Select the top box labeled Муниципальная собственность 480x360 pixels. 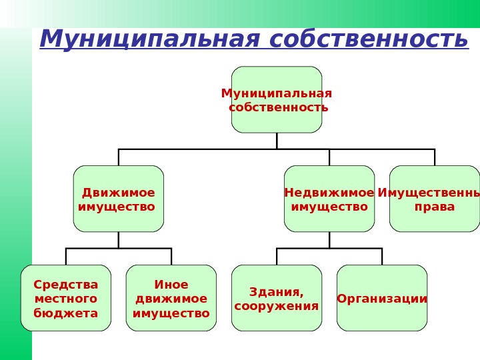point(277,99)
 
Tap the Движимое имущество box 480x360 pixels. point(119,199)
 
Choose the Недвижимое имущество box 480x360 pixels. point(329,199)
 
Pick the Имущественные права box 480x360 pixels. point(434,199)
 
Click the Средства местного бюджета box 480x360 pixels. point(66,298)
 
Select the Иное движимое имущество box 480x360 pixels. point(171,298)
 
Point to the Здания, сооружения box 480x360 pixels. point(277,298)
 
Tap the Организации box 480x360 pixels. point(382,298)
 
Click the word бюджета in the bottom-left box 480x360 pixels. point(66,313)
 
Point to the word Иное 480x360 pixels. point(171,285)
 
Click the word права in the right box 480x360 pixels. point(435,207)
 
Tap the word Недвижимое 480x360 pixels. point(329,193)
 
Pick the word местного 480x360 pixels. point(66,299)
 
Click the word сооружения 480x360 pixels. point(277,307)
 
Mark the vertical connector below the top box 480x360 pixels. point(277,141)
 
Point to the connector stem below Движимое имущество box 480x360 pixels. point(119,240)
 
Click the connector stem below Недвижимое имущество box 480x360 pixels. point(329,240)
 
